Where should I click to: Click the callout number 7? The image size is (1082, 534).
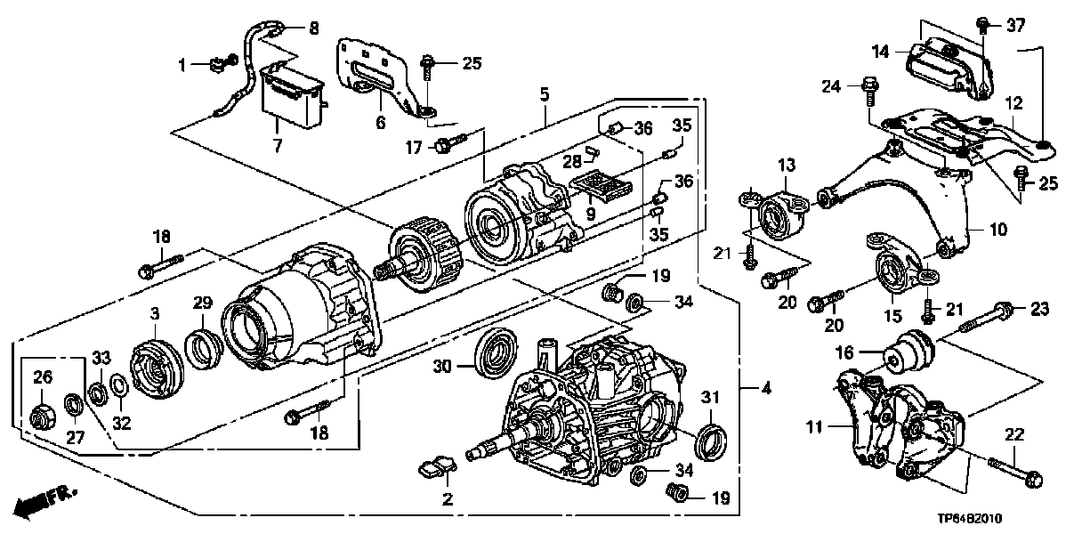click(x=278, y=145)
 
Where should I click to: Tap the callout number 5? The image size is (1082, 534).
click(x=544, y=93)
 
